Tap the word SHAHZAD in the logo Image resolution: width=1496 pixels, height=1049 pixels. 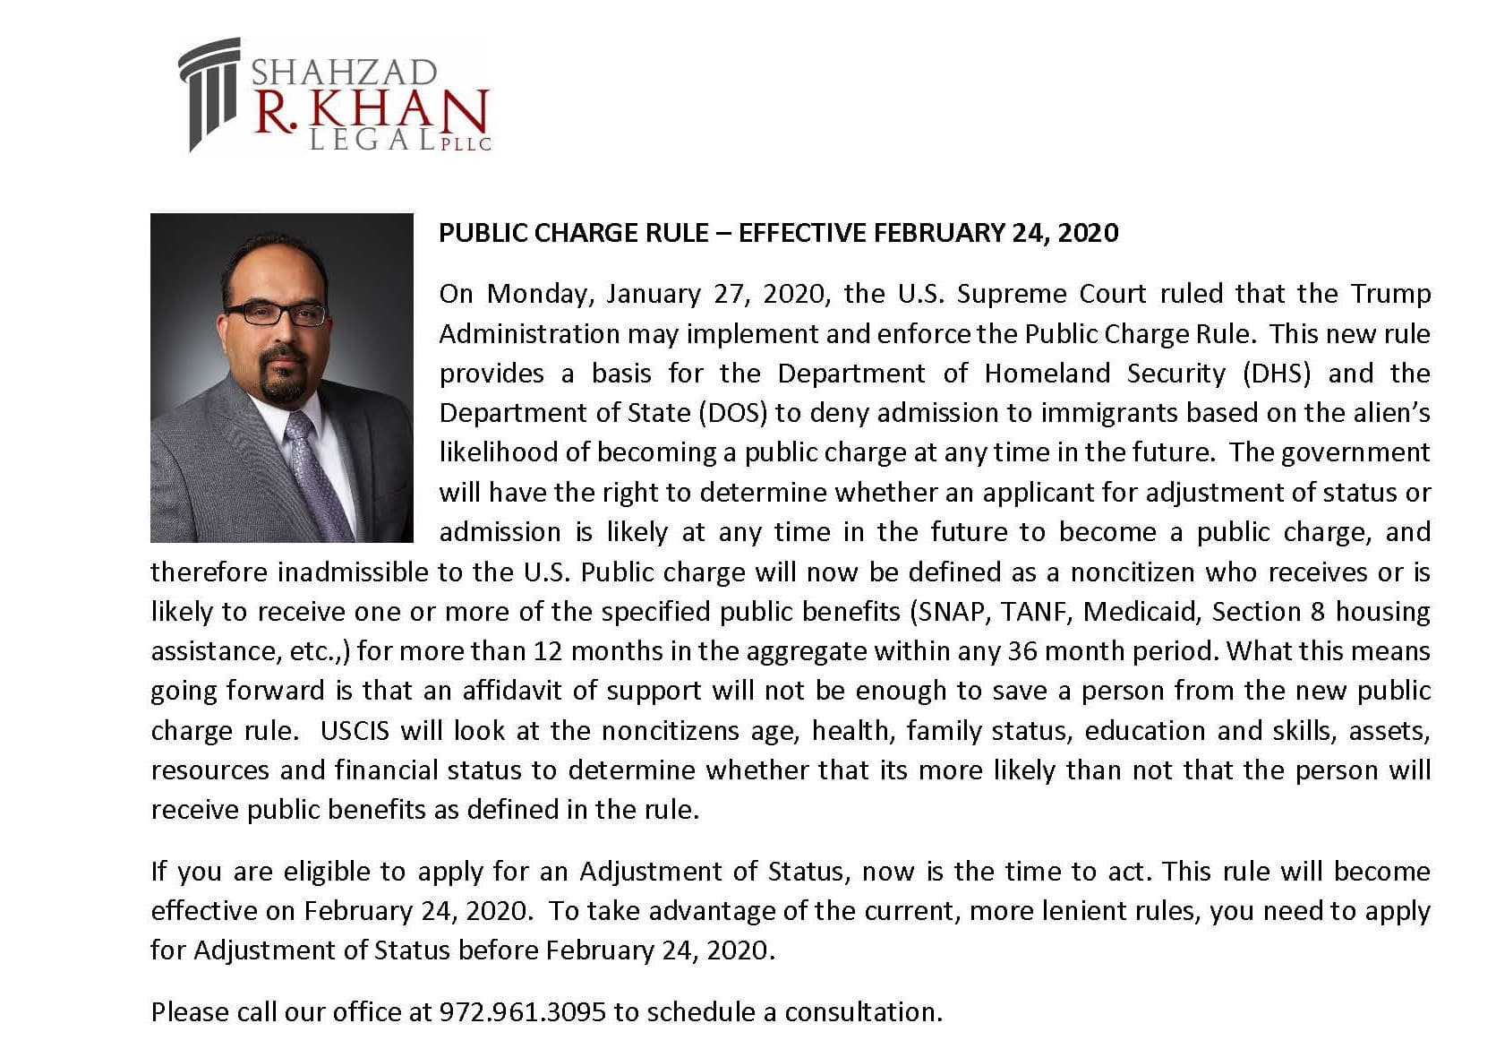[344, 72]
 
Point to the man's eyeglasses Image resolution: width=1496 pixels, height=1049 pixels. [276, 314]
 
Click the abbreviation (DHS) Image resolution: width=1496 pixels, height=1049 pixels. [1277, 373]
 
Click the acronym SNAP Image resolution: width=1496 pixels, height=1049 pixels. [949, 612]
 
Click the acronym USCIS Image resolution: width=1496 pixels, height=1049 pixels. [355, 731]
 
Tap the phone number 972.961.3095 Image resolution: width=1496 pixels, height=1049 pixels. [522, 1012]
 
